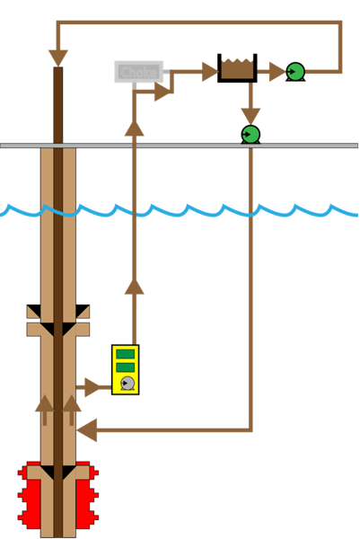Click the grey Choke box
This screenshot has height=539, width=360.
tap(138, 72)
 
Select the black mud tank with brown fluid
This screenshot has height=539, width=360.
tap(237, 68)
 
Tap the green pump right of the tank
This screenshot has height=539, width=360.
tap(294, 71)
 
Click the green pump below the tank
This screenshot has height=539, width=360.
tap(250, 134)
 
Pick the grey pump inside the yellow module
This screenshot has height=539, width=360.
tap(127, 384)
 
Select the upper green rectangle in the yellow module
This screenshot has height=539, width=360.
tap(126, 354)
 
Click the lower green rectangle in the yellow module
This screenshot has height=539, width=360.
tap(126, 367)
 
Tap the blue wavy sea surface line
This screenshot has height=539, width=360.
tap(180, 210)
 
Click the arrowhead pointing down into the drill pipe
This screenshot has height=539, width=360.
tap(58, 57)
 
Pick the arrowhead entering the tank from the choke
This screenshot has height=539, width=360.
tap(209, 71)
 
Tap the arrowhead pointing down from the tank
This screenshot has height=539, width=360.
tap(250, 114)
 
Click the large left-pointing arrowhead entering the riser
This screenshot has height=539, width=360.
tap(87, 430)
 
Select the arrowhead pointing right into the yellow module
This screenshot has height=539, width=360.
tap(93, 387)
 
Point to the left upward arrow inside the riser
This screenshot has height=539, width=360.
tap(44, 409)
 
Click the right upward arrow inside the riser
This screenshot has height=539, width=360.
tap(73, 409)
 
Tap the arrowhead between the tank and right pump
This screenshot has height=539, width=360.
tap(275, 71)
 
